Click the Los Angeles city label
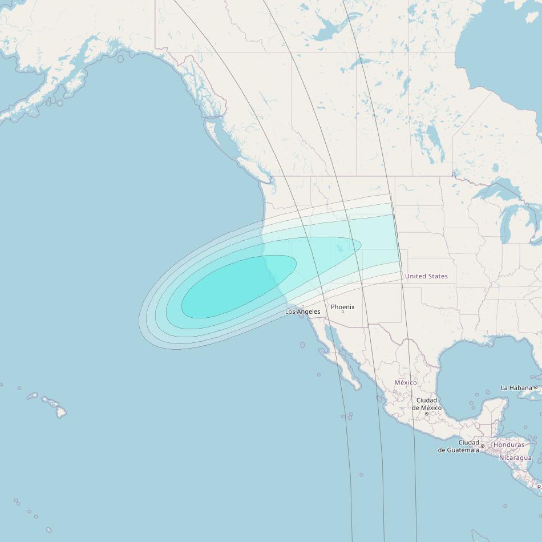(x=302, y=312)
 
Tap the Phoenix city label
(x=342, y=307)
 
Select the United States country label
(x=426, y=276)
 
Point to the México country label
(x=406, y=382)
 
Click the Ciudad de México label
(x=426, y=404)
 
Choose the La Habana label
(x=516, y=388)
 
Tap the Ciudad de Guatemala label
(x=459, y=446)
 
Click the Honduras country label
(x=509, y=444)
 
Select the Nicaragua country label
(x=515, y=458)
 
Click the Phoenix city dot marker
(x=342, y=312)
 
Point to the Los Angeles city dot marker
(x=303, y=306)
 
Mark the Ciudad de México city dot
(x=426, y=414)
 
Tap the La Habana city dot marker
(x=536, y=388)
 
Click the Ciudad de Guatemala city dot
(x=483, y=446)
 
